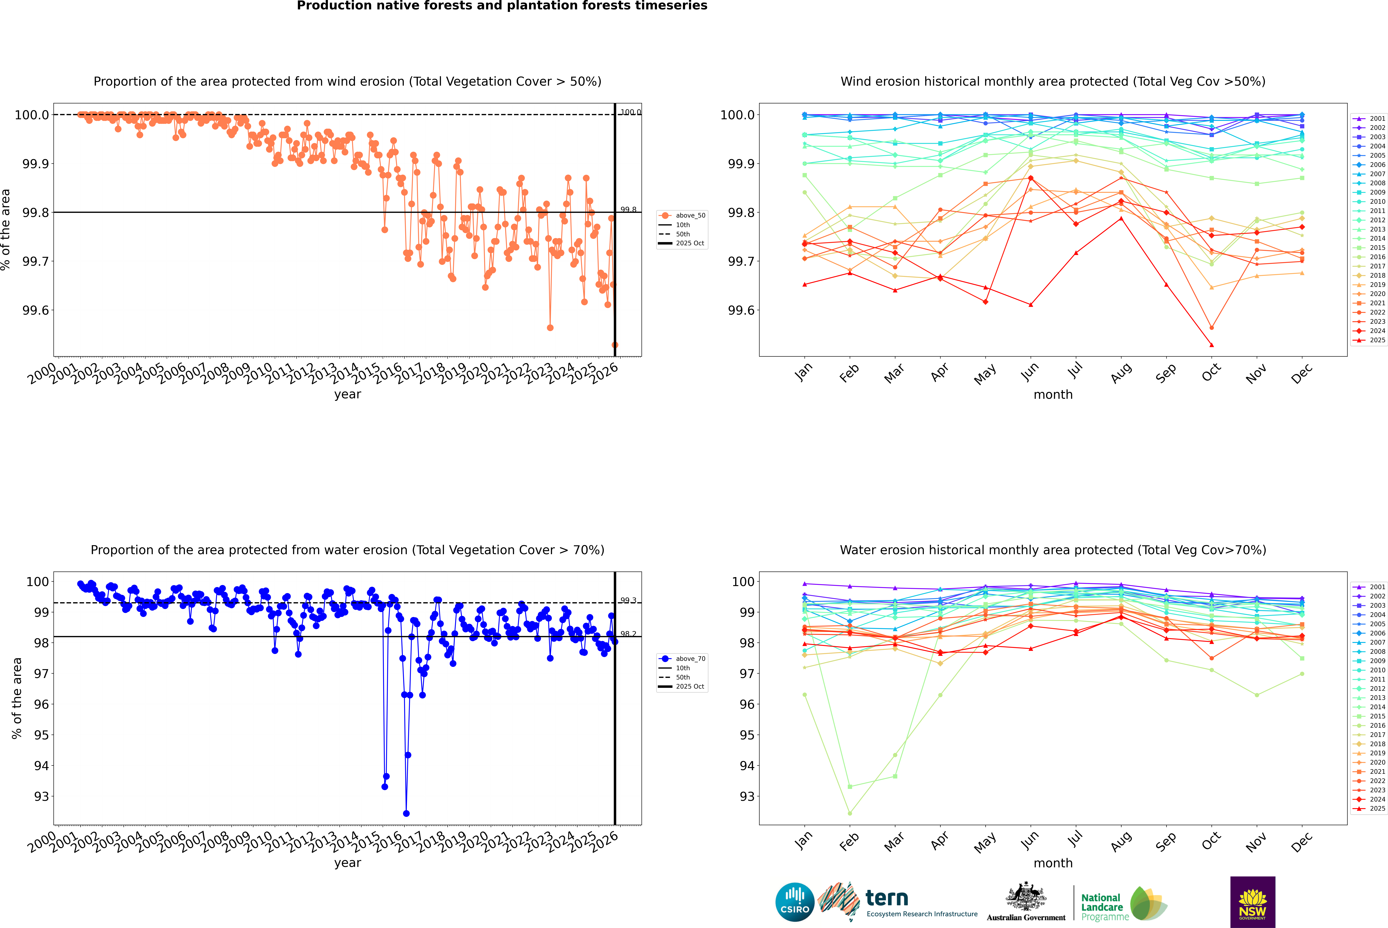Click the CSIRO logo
795,902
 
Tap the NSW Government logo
1252,902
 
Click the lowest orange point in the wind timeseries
615,345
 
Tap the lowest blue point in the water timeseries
406,813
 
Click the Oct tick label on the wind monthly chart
1210,373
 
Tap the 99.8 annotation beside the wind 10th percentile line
628,209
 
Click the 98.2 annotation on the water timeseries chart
628,634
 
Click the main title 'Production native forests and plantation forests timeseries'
502,6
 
